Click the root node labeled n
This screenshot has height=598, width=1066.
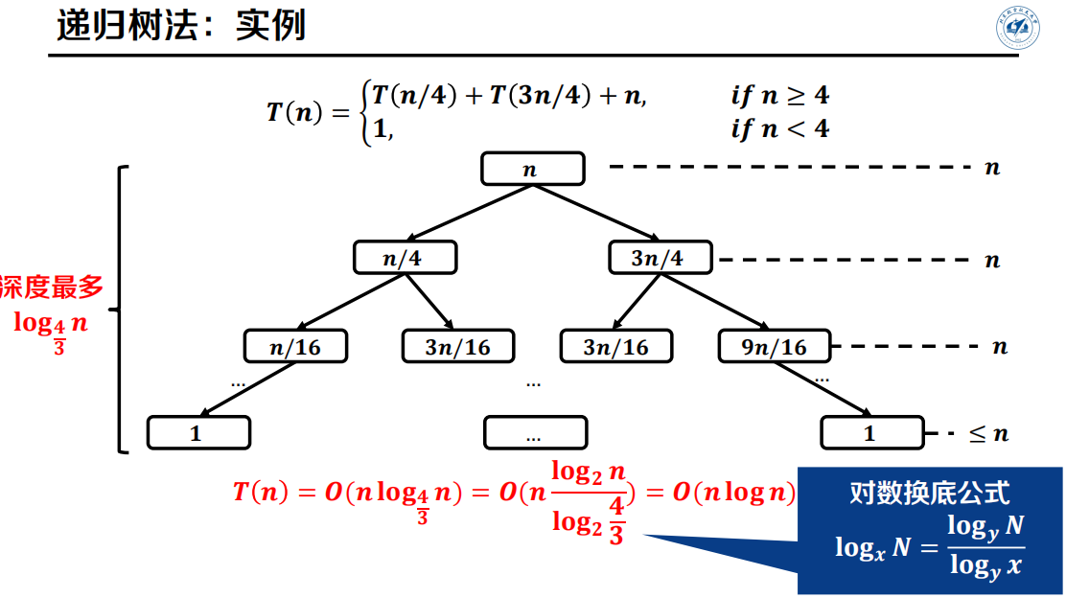(x=532, y=169)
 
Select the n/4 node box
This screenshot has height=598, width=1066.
(x=406, y=257)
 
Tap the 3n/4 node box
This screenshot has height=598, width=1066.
(x=660, y=257)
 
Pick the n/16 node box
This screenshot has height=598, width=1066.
(x=295, y=346)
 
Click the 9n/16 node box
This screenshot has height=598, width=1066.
(x=776, y=346)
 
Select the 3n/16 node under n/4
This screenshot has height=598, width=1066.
(x=457, y=346)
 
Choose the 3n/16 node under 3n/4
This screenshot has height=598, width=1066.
(x=615, y=346)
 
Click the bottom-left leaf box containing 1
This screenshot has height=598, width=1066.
(x=198, y=432)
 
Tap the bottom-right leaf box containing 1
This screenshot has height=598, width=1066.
(x=871, y=432)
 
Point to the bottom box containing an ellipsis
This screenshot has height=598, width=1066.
(x=534, y=432)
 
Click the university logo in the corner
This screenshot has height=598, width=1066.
(x=1015, y=30)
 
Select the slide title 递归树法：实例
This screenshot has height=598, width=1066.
(x=180, y=26)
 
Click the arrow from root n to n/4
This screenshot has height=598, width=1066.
(x=468, y=213)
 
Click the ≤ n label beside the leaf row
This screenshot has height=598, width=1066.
(x=989, y=433)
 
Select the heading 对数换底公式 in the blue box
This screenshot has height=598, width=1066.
(x=929, y=493)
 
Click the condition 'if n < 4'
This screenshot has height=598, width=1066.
(x=779, y=128)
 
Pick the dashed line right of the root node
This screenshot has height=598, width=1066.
(x=791, y=168)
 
